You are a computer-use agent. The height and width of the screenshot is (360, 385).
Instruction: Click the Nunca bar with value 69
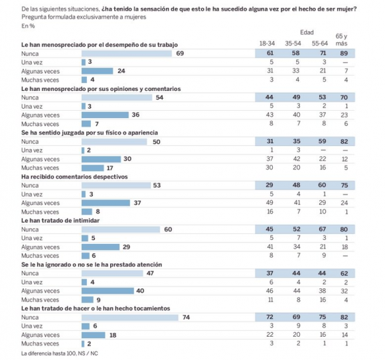click(x=127, y=54)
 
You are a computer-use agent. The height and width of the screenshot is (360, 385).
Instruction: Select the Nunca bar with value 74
click(x=130, y=318)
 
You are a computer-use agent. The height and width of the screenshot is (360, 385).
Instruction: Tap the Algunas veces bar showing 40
click(x=108, y=291)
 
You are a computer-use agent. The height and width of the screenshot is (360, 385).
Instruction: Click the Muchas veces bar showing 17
click(x=93, y=168)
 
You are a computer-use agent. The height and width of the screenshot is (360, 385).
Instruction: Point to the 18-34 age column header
click(x=267, y=43)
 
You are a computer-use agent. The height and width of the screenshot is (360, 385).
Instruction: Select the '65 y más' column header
click(x=341, y=40)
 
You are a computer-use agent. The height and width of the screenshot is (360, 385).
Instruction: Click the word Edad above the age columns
click(x=307, y=32)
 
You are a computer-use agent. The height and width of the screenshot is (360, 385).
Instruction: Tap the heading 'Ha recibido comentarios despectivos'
click(x=74, y=177)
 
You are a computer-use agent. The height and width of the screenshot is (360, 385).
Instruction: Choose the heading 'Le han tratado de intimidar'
click(x=60, y=221)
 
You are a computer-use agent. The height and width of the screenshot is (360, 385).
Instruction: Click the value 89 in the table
click(x=344, y=53)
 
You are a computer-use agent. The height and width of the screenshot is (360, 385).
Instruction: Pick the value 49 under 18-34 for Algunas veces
click(x=269, y=203)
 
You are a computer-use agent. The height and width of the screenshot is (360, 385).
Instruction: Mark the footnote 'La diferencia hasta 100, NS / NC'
click(x=60, y=353)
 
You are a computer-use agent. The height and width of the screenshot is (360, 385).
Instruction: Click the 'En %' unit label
click(x=28, y=26)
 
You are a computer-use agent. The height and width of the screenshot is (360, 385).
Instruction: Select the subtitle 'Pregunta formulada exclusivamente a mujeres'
click(x=84, y=17)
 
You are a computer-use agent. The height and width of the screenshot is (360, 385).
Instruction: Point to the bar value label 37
click(x=137, y=203)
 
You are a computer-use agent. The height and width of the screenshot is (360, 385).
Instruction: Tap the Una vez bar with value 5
click(x=85, y=238)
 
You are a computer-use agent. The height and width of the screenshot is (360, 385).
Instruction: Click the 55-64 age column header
click(x=320, y=43)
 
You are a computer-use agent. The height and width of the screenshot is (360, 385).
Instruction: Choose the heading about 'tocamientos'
click(x=96, y=308)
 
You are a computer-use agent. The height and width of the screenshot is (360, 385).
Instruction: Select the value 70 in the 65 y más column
click(x=344, y=97)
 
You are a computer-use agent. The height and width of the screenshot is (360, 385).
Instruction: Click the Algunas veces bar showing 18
click(x=94, y=335)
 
